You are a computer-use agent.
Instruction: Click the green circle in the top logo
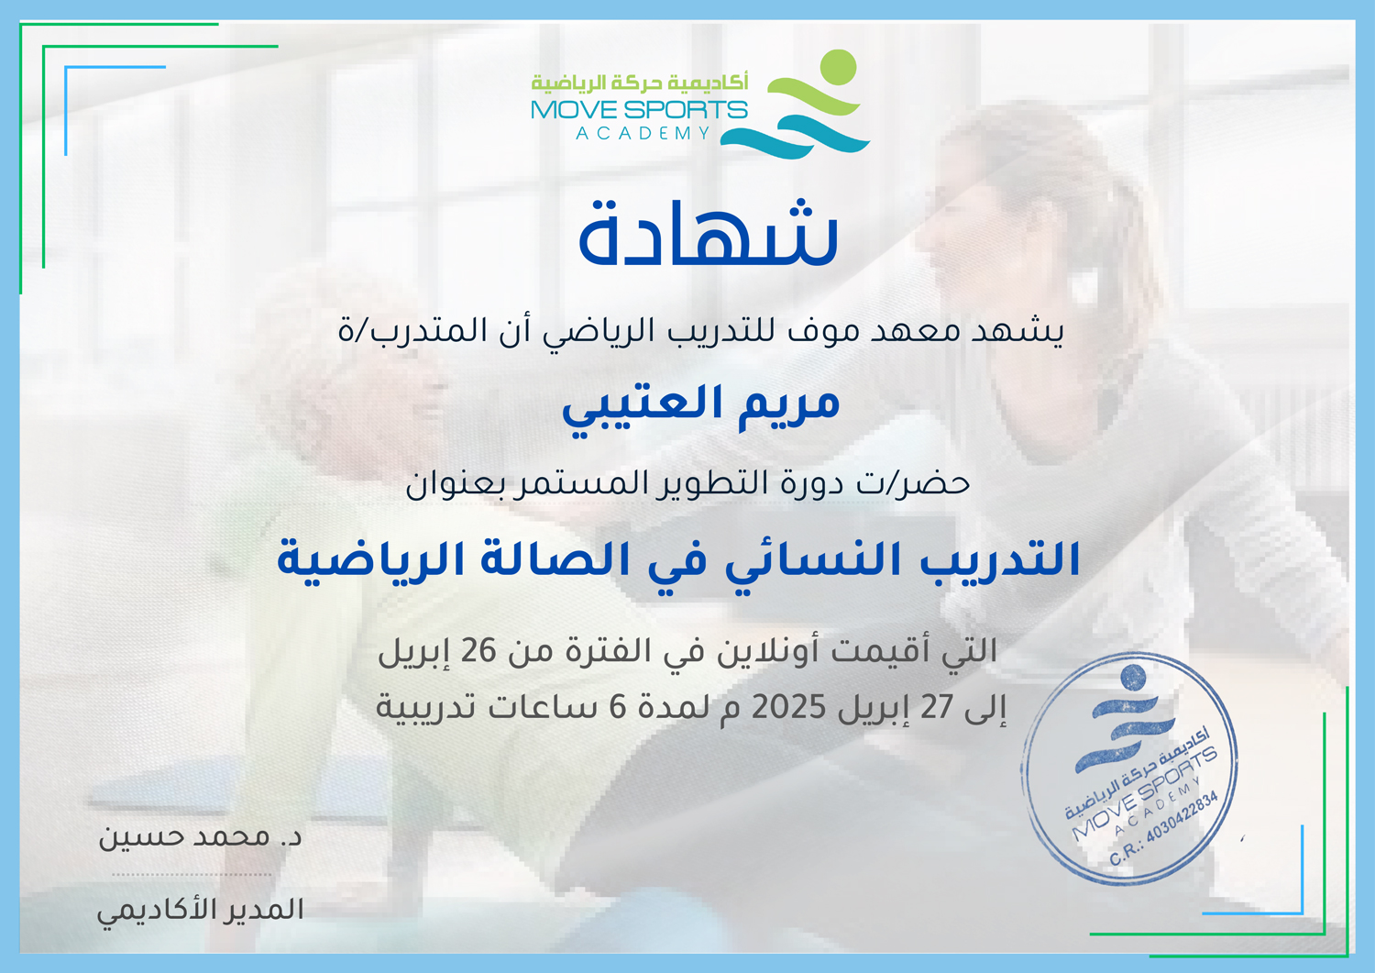tap(838, 67)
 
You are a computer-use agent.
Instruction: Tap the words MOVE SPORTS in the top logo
tap(639, 110)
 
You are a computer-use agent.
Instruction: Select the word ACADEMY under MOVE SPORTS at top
tap(643, 133)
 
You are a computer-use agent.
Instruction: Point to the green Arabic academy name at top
tap(640, 83)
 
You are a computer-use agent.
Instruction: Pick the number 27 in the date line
tap(936, 708)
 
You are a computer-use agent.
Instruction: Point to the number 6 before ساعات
tap(617, 708)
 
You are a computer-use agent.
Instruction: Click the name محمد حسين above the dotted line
tap(184, 837)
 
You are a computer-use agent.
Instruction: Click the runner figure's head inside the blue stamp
tap(1133, 678)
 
